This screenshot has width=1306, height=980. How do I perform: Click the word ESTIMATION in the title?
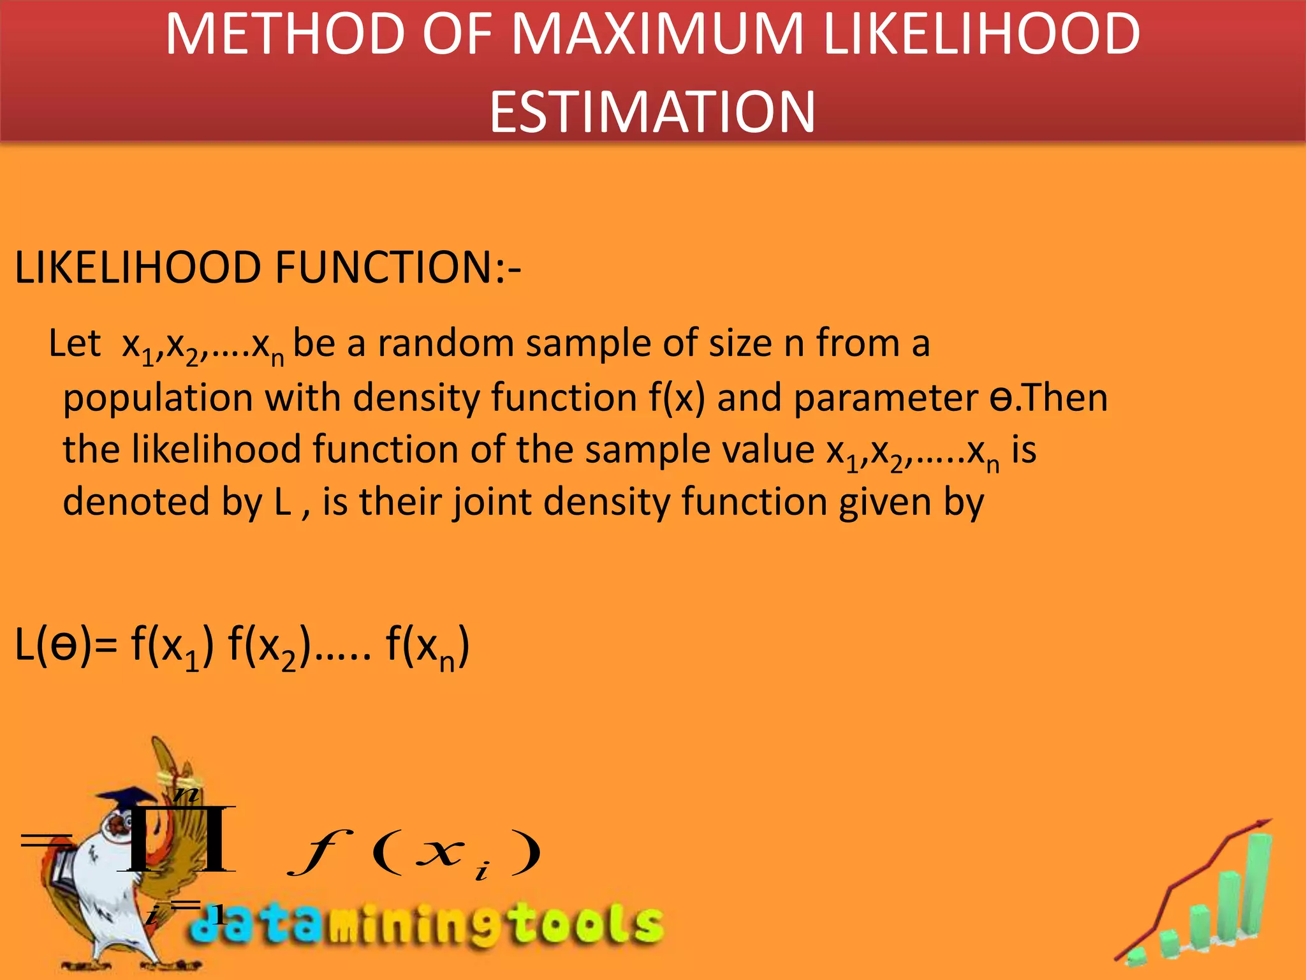(652, 112)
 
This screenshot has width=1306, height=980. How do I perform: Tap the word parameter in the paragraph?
(885, 399)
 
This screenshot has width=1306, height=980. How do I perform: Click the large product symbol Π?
(177, 839)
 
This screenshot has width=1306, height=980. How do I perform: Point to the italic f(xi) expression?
(415, 852)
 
